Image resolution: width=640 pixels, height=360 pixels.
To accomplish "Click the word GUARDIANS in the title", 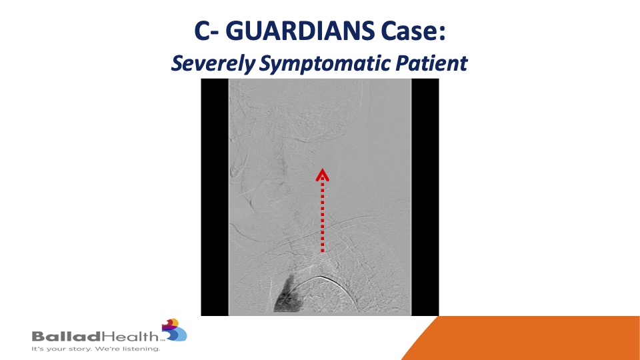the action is [299, 31].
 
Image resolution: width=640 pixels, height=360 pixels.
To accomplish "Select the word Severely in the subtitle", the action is [212, 63].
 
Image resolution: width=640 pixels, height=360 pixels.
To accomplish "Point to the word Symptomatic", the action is [325, 63].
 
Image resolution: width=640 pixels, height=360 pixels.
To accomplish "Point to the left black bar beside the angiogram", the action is [215, 197].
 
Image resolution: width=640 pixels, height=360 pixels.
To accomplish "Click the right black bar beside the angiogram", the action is [425, 197].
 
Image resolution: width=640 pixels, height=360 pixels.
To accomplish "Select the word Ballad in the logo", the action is [66, 337].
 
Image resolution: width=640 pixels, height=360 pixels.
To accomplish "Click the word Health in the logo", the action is [130, 336].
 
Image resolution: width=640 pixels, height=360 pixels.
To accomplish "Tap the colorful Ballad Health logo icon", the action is [174, 330].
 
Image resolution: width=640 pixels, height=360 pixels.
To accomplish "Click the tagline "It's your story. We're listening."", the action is [96, 349].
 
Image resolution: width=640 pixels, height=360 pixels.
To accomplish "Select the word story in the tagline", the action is [80, 349].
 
